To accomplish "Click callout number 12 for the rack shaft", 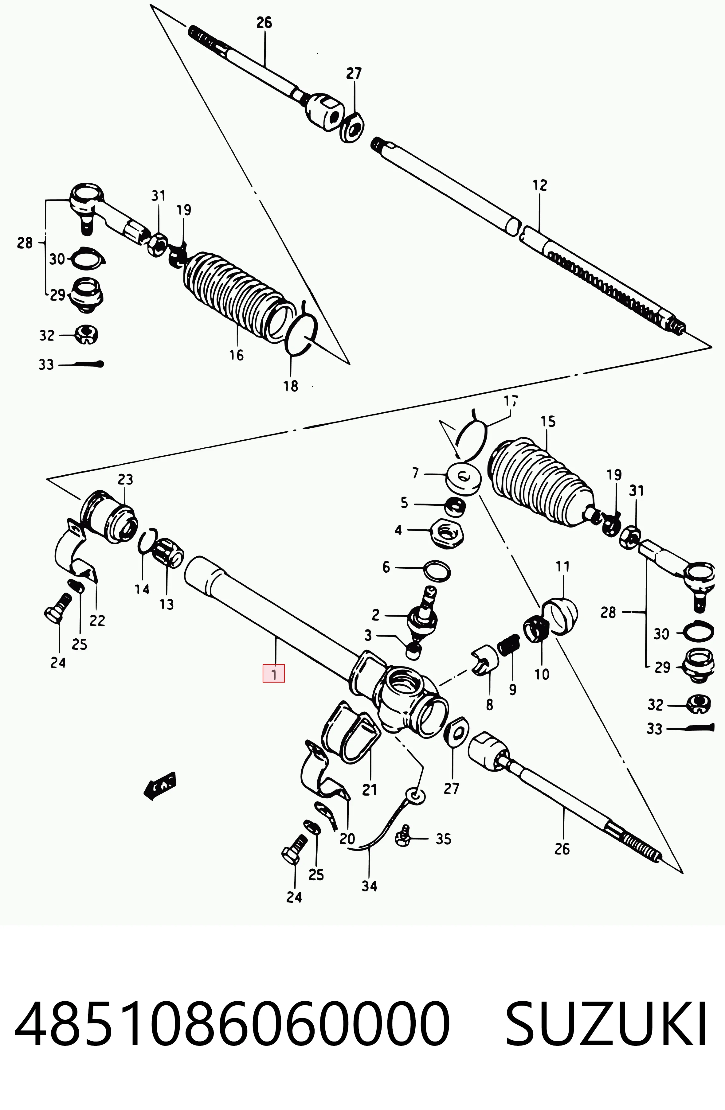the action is pos(539,185).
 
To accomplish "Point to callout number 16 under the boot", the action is pos(237,355).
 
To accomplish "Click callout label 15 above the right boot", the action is pos(548,422).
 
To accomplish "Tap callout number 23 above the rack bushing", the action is pos(125,479).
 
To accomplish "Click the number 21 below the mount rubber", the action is pos(370,790).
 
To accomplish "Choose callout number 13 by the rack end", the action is pos(167,605).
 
